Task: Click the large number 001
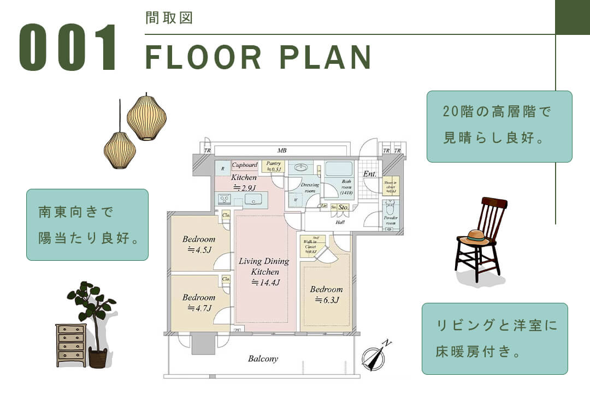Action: tap(68, 47)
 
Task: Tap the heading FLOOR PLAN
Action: tap(258, 56)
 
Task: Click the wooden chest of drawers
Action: tap(71, 344)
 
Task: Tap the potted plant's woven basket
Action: tap(98, 358)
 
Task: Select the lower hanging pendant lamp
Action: tap(120, 150)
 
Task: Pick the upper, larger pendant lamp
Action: tap(146, 117)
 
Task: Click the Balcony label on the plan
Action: tap(263, 359)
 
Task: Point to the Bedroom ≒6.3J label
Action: tap(326, 295)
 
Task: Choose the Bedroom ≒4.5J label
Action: tap(199, 244)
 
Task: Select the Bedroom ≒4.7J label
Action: tap(199, 303)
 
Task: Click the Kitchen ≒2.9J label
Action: tap(244, 182)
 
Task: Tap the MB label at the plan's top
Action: tap(282, 151)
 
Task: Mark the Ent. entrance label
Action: tap(370, 174)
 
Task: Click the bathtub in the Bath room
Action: tap(339, 169)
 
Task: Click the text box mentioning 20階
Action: tap(499, 126)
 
